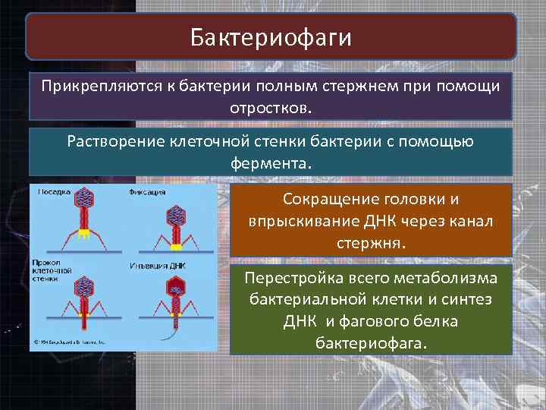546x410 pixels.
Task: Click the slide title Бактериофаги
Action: coord(271,37)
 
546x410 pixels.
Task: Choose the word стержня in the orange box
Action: coord(372,244)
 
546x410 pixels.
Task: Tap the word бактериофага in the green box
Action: coord(371,343)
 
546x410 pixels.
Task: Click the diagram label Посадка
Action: coord(50,192)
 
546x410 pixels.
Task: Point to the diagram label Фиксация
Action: coord(146,192)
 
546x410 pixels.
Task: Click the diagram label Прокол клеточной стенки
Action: coord(51,270)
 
